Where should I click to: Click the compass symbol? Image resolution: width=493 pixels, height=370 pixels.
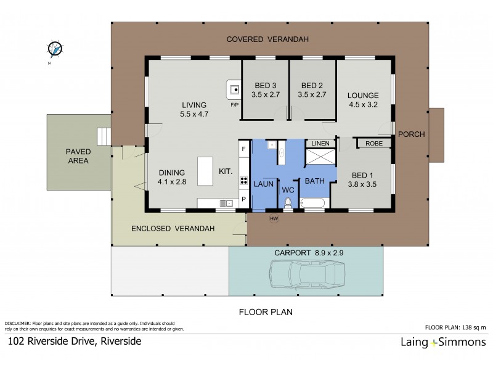point(56,48)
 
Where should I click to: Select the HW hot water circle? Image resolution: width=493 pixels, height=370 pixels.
point(274,217)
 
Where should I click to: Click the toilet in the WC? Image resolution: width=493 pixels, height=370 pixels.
point(288,203)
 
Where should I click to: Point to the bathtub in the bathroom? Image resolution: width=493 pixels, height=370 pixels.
point(315,203)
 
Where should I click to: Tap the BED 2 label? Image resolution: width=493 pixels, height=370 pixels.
point(313,91)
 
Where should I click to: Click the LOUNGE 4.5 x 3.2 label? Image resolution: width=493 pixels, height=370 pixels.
point(362,99)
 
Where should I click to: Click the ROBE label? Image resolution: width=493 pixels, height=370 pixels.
point(373,143)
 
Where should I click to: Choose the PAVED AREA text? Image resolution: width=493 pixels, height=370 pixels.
point(78,155)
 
